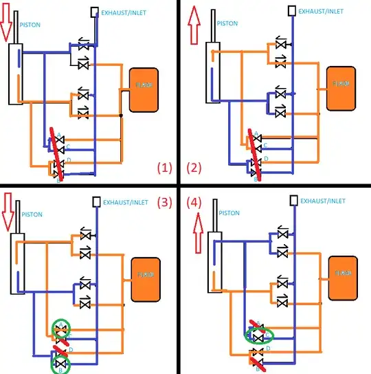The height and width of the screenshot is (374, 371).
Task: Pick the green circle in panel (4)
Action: pyautogui.click(x=258, y=336)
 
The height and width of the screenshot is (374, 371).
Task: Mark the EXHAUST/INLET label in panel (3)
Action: pyautogui.click(x=131, y=202)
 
